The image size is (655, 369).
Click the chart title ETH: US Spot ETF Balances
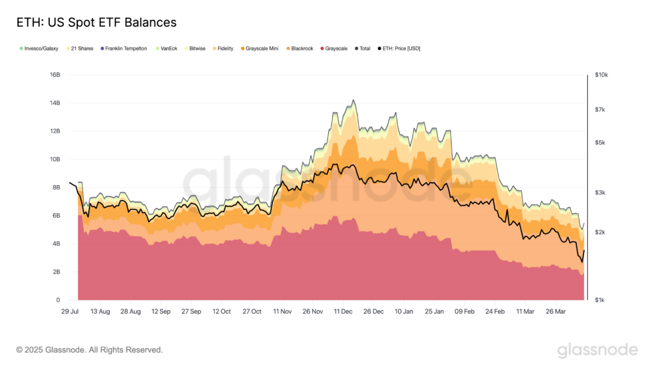[95, 22]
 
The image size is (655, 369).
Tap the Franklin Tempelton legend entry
[125, 49]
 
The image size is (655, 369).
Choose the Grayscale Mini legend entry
[262, 49]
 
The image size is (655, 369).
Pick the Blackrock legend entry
[301, 49]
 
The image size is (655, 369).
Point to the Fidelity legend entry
[225, 49]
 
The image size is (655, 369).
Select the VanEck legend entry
[169, 49]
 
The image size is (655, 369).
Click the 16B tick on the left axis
[54, 75]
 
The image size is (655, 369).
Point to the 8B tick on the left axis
[56, 188]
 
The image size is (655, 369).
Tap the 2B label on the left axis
[56, 272]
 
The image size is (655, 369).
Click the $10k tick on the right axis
[601, 75]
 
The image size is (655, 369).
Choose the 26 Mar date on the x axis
[555, 311]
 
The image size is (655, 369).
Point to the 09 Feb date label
[464, 311]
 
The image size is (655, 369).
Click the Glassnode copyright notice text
[90, 350]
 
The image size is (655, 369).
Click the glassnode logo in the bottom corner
[597, 350]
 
